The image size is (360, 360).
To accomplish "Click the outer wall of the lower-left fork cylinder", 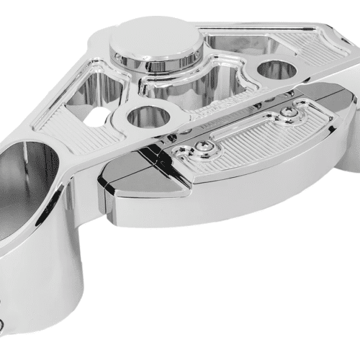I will [x=50, y=288].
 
